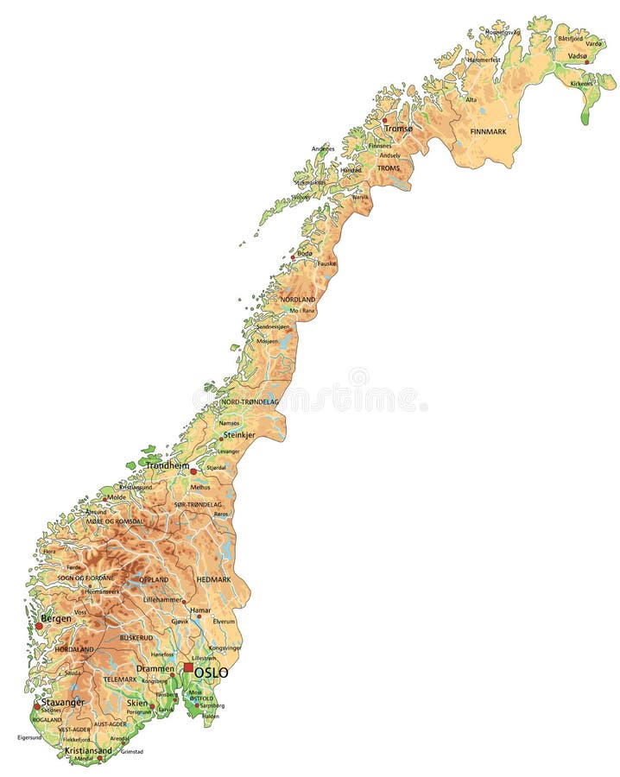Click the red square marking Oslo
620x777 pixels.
188,667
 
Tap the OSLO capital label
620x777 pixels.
212,673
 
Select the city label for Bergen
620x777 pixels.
55,619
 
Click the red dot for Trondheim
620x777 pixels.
193,471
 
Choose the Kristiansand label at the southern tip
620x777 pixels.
89,750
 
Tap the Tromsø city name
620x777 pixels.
399,128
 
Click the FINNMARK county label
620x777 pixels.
488,131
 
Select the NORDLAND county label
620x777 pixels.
298,299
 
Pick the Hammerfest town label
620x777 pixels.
484,60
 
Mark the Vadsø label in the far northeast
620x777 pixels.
578,55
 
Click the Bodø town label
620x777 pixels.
305,253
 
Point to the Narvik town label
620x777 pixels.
359,197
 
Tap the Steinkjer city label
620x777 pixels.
241,435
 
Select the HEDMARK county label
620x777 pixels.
212,578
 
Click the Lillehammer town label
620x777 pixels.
163,599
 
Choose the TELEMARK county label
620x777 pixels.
120,679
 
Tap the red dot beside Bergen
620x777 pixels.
38,625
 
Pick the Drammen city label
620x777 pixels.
156,669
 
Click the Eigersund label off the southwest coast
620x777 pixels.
29,737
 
